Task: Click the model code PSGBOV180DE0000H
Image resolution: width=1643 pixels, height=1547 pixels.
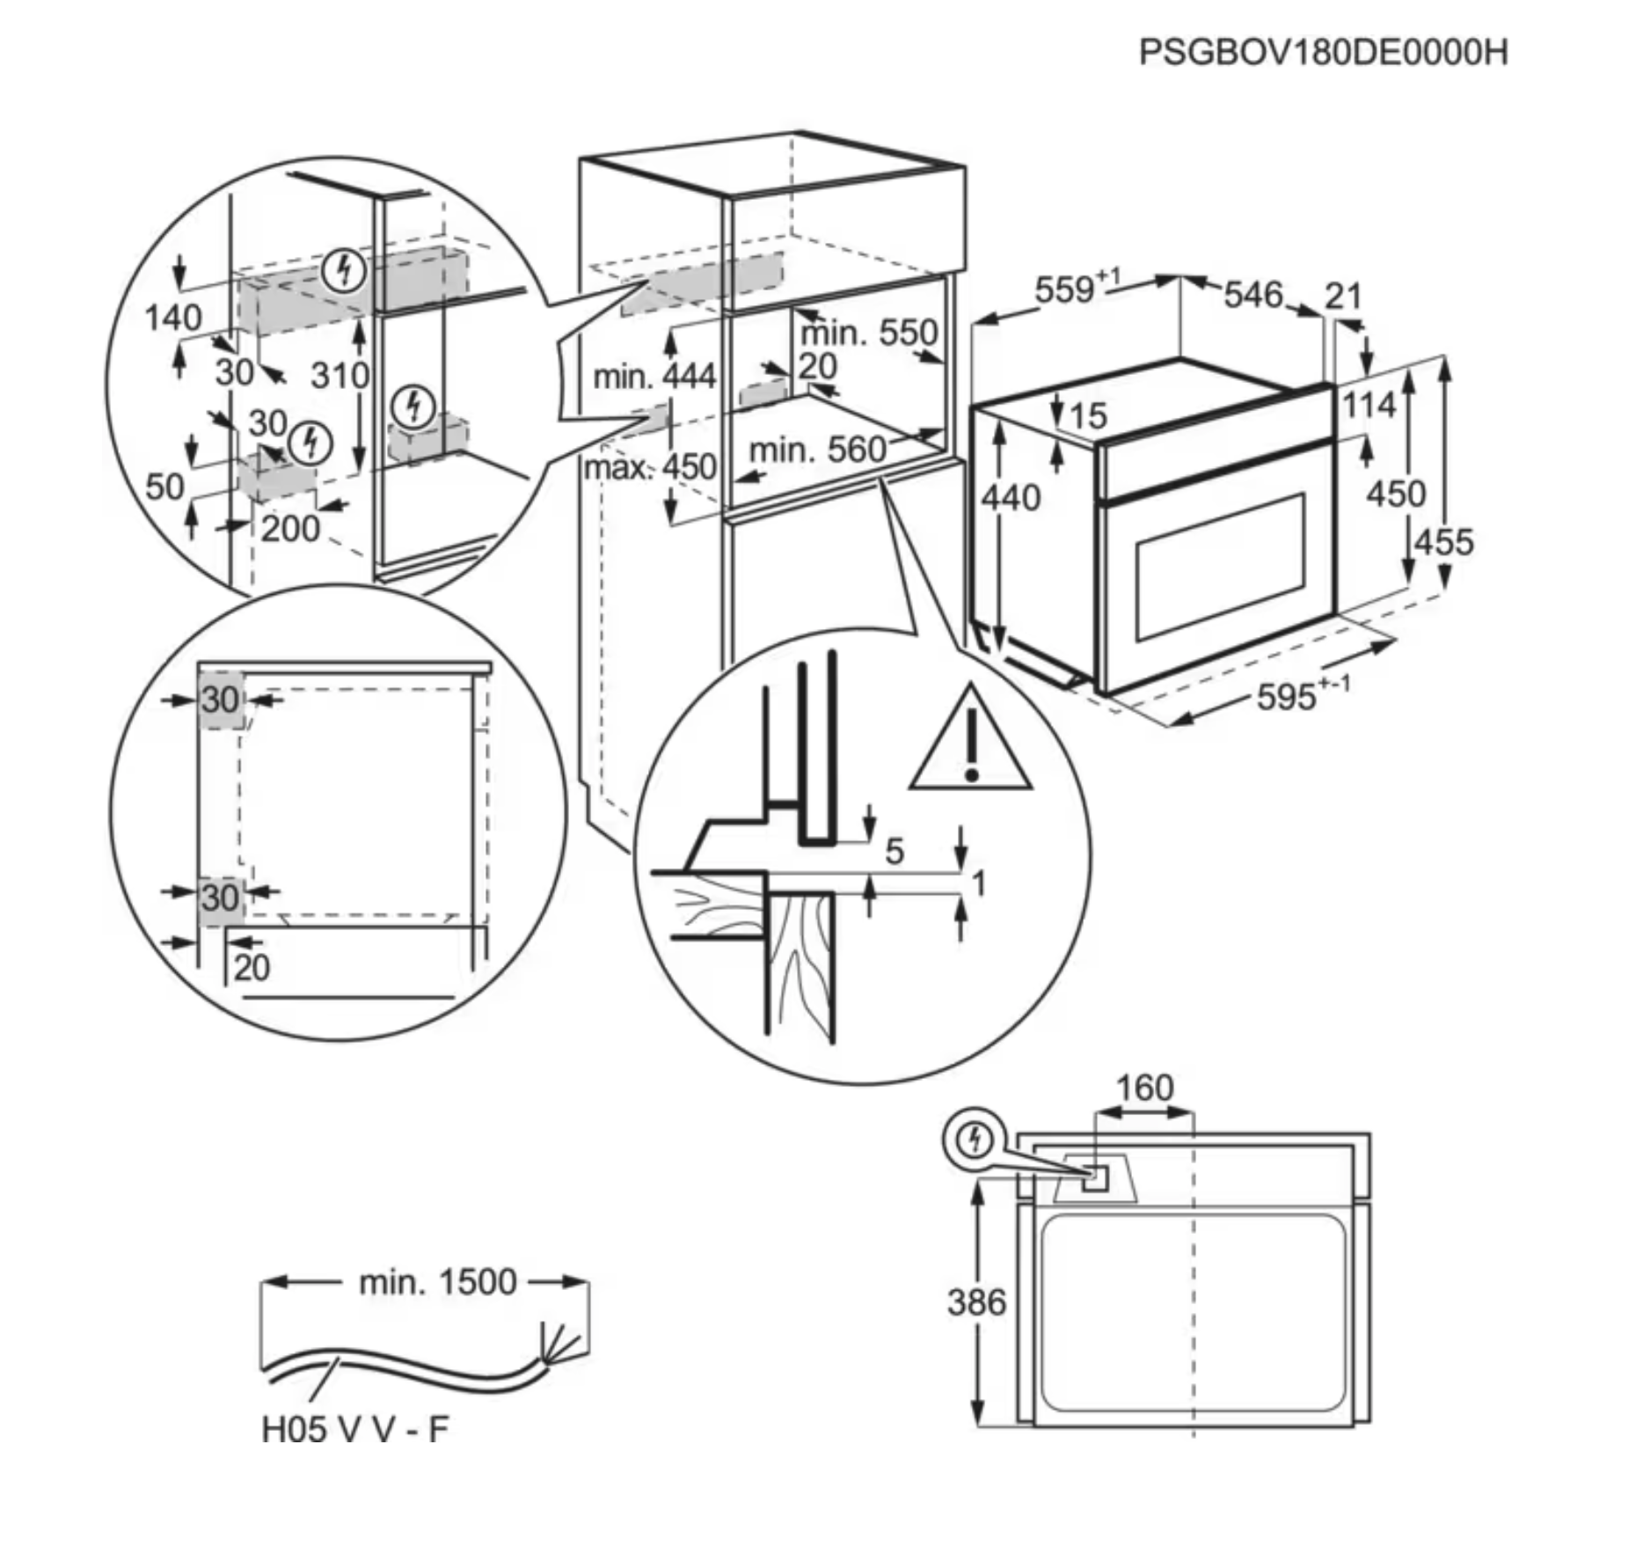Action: pos(1323,52)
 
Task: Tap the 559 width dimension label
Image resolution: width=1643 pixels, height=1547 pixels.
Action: pos(1067,290)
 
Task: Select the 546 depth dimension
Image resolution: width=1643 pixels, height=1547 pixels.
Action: pos(1253,295)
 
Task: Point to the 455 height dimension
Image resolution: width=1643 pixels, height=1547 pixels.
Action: pos(1443,542)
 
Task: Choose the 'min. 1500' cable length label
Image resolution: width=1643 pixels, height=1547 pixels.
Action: pos(437,1282)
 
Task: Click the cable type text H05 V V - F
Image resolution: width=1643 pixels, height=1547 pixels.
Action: pos(355,1430)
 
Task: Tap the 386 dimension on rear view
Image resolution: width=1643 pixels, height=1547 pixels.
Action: pos(976,1302)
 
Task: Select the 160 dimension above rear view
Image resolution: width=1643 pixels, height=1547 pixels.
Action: pos(1144,1089)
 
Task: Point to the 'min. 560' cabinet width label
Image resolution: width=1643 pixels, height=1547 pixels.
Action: pos(817,451)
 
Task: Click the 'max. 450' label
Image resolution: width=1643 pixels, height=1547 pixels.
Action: pos(651,467)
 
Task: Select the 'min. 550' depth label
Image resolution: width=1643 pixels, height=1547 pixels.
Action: pos(869,334)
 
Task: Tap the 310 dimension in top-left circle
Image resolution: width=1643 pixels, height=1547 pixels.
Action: pos(339,377)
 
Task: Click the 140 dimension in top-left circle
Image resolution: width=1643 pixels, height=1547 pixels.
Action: pos(173,318)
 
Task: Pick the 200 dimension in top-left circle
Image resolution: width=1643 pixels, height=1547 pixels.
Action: pos(290,529)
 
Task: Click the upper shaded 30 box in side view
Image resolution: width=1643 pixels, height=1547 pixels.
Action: pos(221,700)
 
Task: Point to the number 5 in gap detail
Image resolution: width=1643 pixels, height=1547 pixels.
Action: pos(895,852)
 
